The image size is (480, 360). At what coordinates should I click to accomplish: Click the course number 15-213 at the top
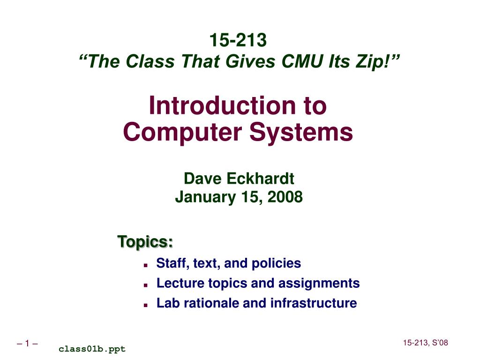(x=238, y=40)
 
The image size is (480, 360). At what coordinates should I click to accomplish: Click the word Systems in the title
(x=300, y=132)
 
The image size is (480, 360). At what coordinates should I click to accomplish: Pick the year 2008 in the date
(x=285, y=197)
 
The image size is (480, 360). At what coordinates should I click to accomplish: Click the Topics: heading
(x=145, y=242)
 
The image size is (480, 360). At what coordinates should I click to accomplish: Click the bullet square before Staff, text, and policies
(x=146, y=265)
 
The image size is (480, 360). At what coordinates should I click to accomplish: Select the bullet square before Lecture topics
(x=146, y=285)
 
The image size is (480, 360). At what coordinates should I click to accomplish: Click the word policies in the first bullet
(x=276, y=263)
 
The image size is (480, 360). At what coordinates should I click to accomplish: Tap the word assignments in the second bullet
(x=319, y=283)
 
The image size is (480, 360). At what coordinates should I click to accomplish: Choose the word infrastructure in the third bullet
(x=314, y=303)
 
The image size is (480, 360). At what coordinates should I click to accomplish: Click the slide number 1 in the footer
(x=27, y=345)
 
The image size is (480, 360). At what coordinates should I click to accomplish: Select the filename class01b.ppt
(x=92, y=349)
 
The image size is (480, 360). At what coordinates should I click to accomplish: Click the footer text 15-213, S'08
(x=426, y=343)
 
